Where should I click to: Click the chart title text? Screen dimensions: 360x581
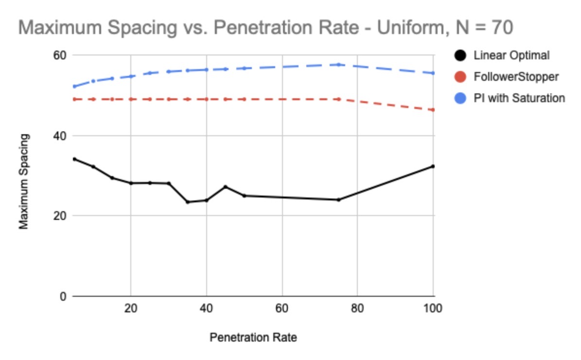pyautogui.click(x=265, y=28)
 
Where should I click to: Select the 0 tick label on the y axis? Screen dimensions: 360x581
pyautogui.click(x=62, y=296)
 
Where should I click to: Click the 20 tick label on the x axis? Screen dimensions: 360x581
pyautogui.click(x=130, y=308)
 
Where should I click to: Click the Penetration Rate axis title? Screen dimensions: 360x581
pyautogui.click(x=253, y=337)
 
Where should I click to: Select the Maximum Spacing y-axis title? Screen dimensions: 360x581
pyautogui.click(x=24, y=181)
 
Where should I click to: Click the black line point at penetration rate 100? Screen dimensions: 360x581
pyautogui.click(x=433, y=166)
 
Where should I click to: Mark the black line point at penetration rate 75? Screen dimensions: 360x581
pyautogui.click(x=338, y=199)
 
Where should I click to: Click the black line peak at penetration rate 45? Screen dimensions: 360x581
pyautogui.click(x=225, y=187)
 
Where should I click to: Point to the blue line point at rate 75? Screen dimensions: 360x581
pyautogui.click(x=338, y=64)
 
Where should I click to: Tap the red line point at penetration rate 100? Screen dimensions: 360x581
pyautogui.click(x=433, y=110)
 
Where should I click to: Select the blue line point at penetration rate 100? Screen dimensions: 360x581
pyautogui.click(x=433, y=73)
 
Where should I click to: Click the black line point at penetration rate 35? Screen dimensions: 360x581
pyautogui.click(x=187, y=202)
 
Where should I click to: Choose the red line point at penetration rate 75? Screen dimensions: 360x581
pyautogui.click(x=338, y=99)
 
